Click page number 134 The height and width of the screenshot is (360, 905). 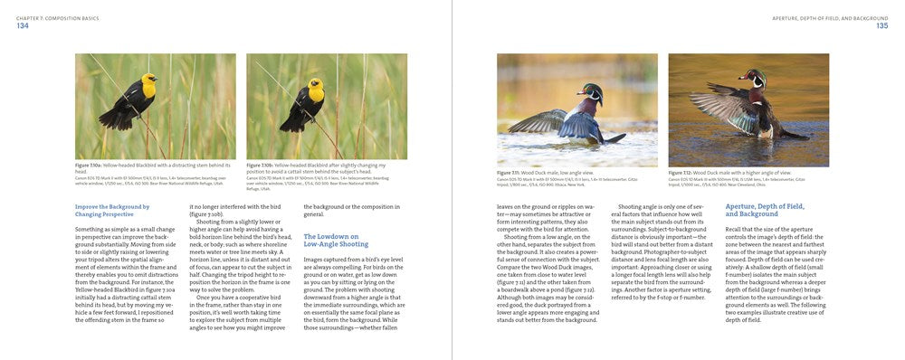(23, 25)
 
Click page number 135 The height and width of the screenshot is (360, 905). (881, 25)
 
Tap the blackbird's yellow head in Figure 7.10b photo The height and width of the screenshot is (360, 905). (315, 90)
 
